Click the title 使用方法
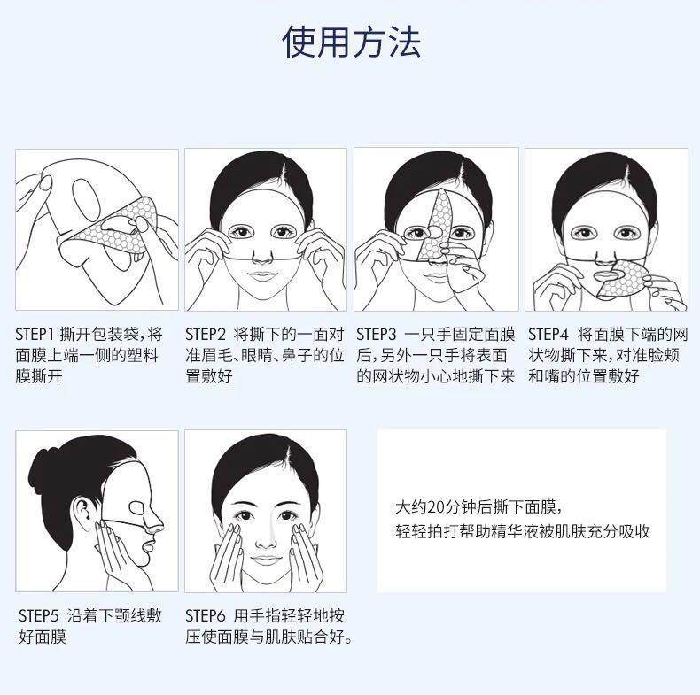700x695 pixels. click(x=351, y=42)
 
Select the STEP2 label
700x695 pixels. click(x=206, y=336)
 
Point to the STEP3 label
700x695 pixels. click(x=377, y=336)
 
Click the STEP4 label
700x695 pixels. click(x=548, y=336)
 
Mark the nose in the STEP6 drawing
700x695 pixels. click(x=266, y=533)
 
